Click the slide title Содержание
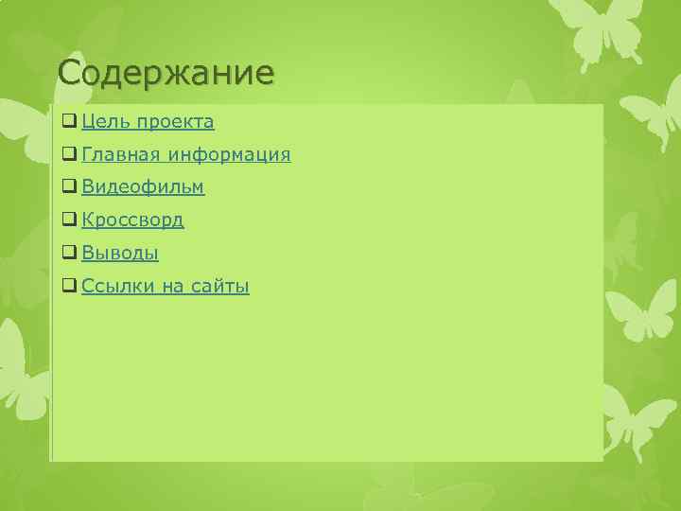tap(166, 72)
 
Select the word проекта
tap(174, 122)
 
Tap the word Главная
tap(120, 154)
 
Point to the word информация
tap(229, 154)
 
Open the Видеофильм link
tap(143, 187)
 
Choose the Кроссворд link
tap(132, 220)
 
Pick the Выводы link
tap(120, 254)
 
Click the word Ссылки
tap(116, 286)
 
